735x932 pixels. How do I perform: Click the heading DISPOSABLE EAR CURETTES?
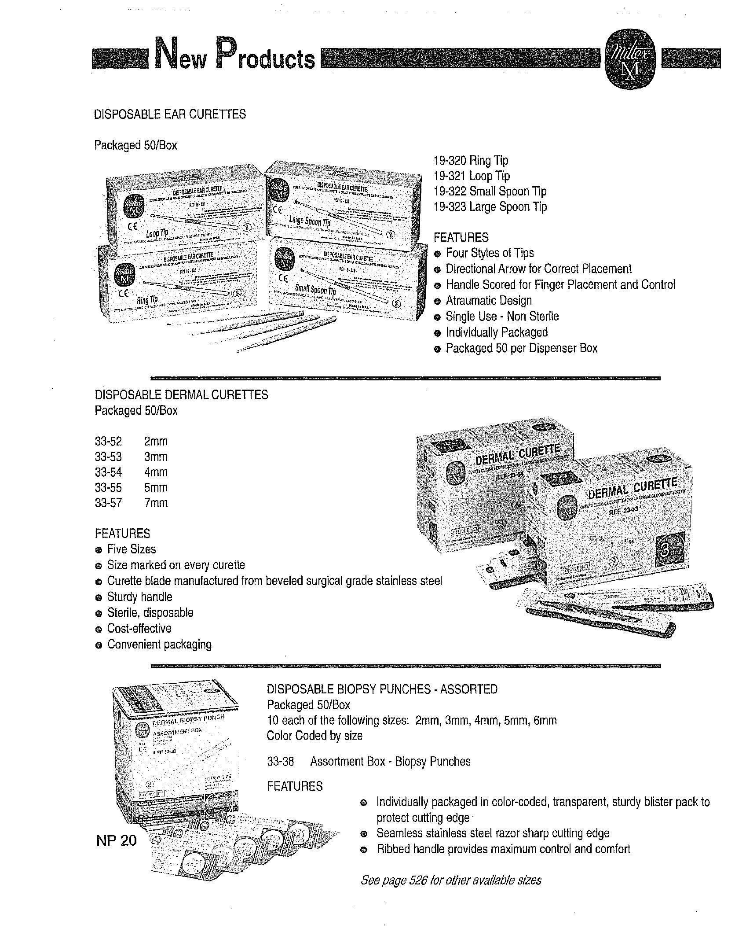(x=170, y=114)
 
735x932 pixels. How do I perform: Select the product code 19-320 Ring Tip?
(x=471, y=161)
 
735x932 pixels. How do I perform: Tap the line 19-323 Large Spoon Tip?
(x=490, y=207)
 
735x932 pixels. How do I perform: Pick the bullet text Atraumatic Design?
(x=488, y=301)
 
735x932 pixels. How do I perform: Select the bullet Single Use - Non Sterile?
(x=502, y=317)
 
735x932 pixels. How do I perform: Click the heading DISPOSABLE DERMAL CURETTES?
(x=181, y=394)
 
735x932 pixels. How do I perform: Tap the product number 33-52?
(x=108, y=441)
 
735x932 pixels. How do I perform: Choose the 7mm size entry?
(x=156, y=503)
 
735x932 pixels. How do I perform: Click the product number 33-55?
(x=108, y=487)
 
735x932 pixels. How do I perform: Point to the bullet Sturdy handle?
(x=139, y=597)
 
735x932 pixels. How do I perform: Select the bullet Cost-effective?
(x=139, y=629)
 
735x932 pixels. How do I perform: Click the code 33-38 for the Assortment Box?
(x=280, y=761)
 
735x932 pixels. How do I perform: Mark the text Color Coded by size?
(x=314, y=736)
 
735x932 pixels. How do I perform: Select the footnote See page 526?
(x=451, y=880)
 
